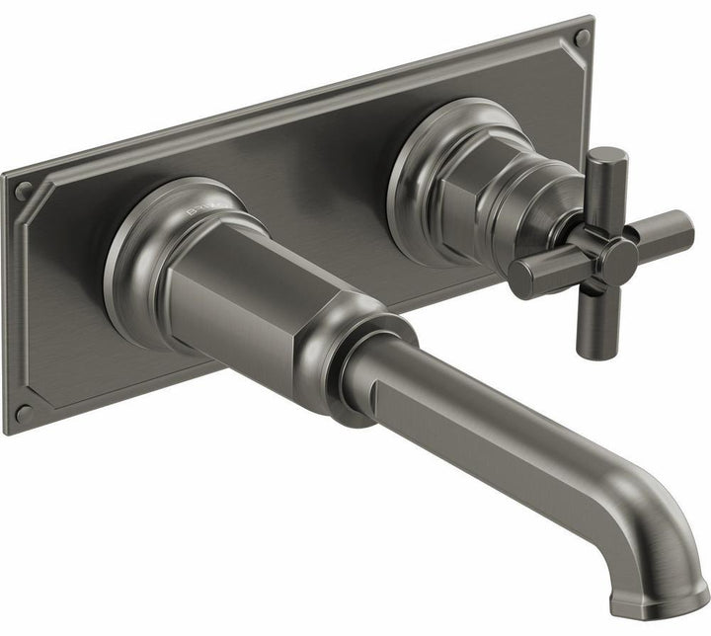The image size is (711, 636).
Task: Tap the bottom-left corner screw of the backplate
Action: tap(22, 411)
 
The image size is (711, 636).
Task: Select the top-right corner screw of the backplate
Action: tap(582, 39)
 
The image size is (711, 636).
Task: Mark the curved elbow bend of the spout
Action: tap(642, 514)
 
